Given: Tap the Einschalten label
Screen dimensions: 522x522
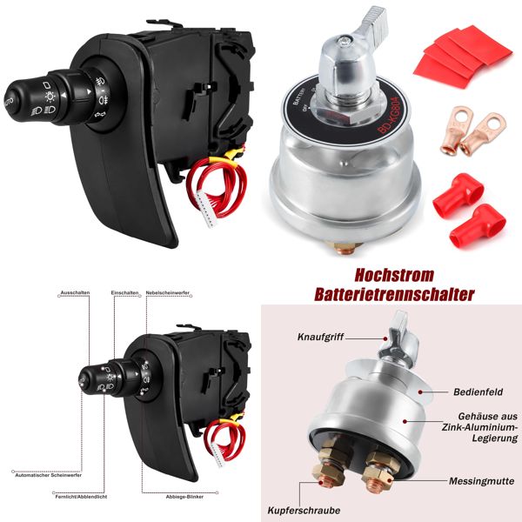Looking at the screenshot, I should pos(124,292).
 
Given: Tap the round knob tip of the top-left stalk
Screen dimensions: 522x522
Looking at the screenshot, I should pos(16,93).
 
